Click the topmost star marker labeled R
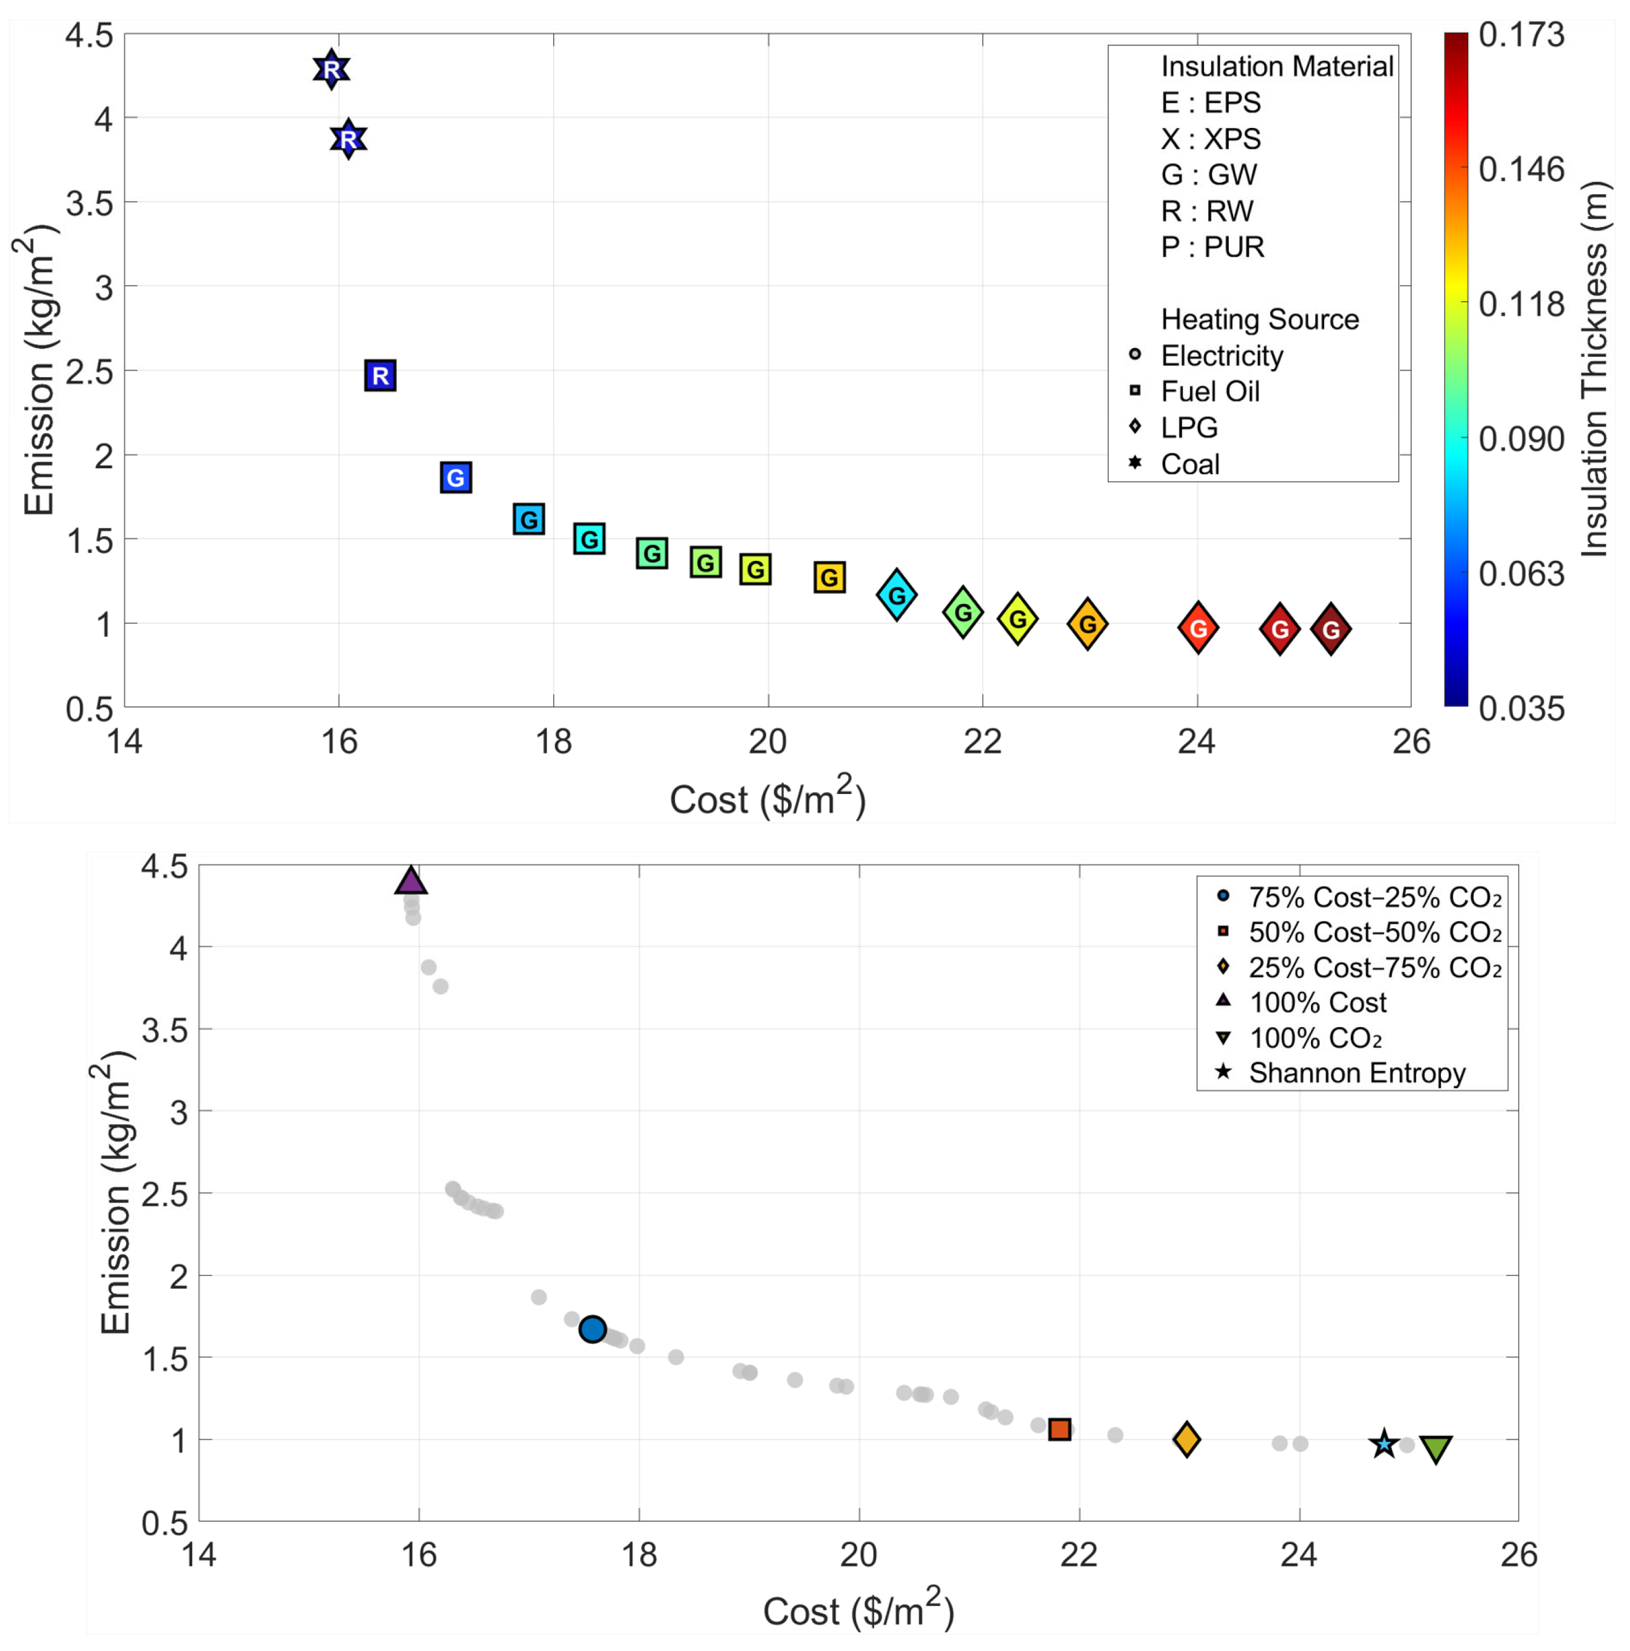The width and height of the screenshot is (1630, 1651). tap(331, 69)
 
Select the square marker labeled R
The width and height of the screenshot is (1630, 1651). tap(380, 375)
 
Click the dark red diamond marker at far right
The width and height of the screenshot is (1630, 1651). tap(1330, 629)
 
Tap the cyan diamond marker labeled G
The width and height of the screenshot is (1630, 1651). tap(896, 595)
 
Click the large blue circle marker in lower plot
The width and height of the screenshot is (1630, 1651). tap(592, 1329)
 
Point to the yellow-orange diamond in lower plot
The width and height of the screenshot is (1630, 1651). tap(1186, 1439)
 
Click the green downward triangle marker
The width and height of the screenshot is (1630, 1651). tap(1436, 1448)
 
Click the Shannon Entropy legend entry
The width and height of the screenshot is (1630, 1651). tap(1357, 1072)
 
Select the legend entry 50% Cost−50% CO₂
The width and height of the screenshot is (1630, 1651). tap(1373, 931)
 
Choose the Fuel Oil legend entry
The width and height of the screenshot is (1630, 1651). tap(1210, 391)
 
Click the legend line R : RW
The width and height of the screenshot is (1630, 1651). tap(1206, 211)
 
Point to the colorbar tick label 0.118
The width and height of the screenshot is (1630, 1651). tap(1521, 304)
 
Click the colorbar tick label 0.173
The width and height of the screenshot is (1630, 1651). tap(1521, 35)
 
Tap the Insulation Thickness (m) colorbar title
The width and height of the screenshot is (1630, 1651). tap(1594, 369)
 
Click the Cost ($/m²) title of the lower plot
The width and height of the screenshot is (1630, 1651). tap(858, 1611)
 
